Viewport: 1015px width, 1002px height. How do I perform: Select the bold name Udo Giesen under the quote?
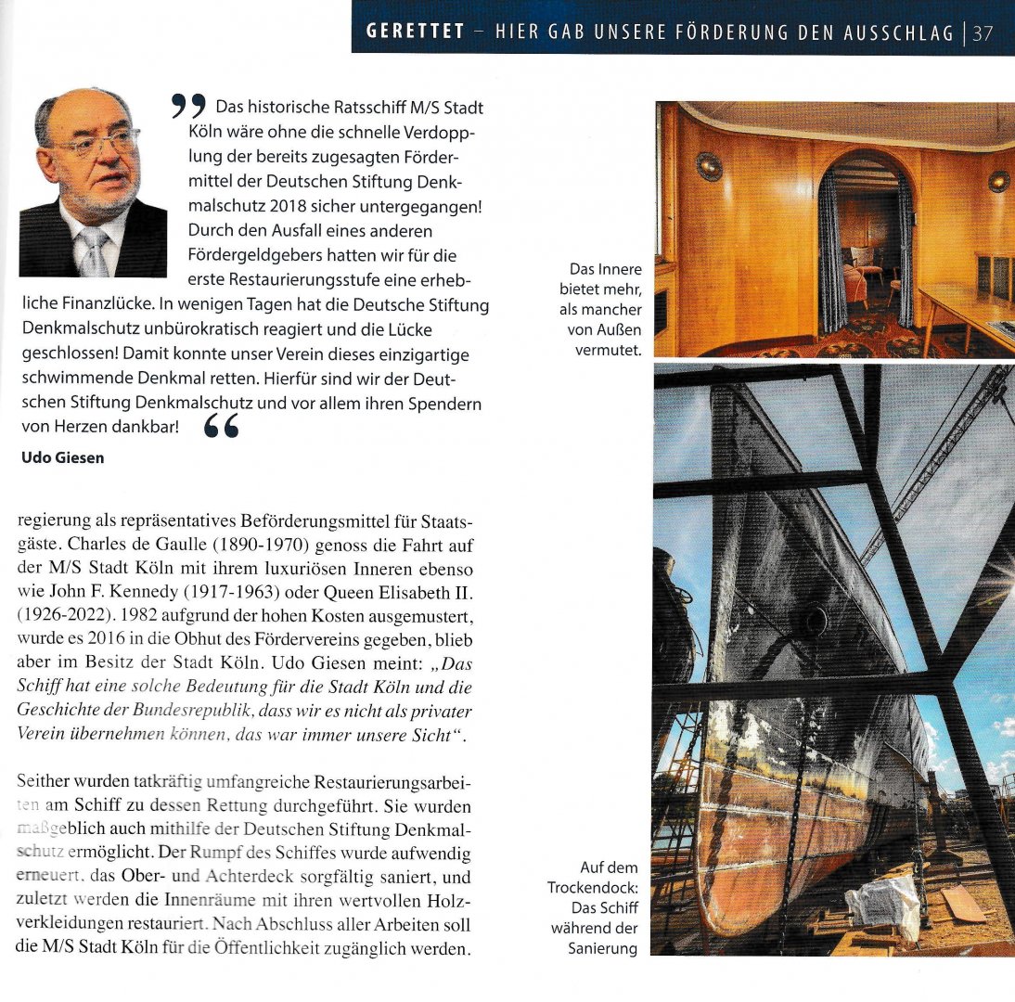point(62,457)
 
